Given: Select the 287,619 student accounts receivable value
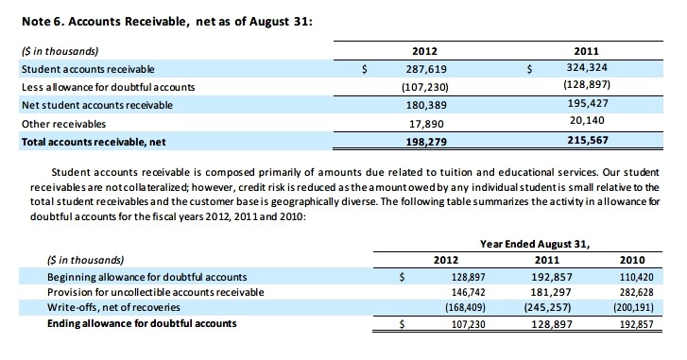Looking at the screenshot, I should [426, 69].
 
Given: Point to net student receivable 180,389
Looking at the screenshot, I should [426, 105].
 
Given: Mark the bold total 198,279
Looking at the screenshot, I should [426, 142].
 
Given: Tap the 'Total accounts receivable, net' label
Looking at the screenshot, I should [91, 142].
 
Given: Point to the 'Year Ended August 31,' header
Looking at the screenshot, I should [534, 243].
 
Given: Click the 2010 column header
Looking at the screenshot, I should [633, 260].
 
